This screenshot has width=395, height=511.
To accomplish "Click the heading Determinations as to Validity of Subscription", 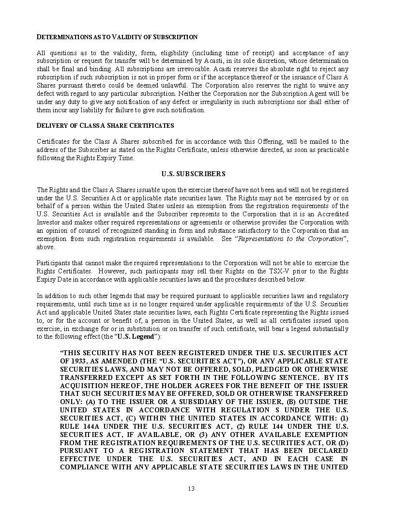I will pos(117,37).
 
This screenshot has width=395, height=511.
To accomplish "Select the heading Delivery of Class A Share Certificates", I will pos(105,125).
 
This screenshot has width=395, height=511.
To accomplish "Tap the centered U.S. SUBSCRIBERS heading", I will pos(193,174).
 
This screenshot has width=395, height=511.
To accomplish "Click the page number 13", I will pos(191,488).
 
